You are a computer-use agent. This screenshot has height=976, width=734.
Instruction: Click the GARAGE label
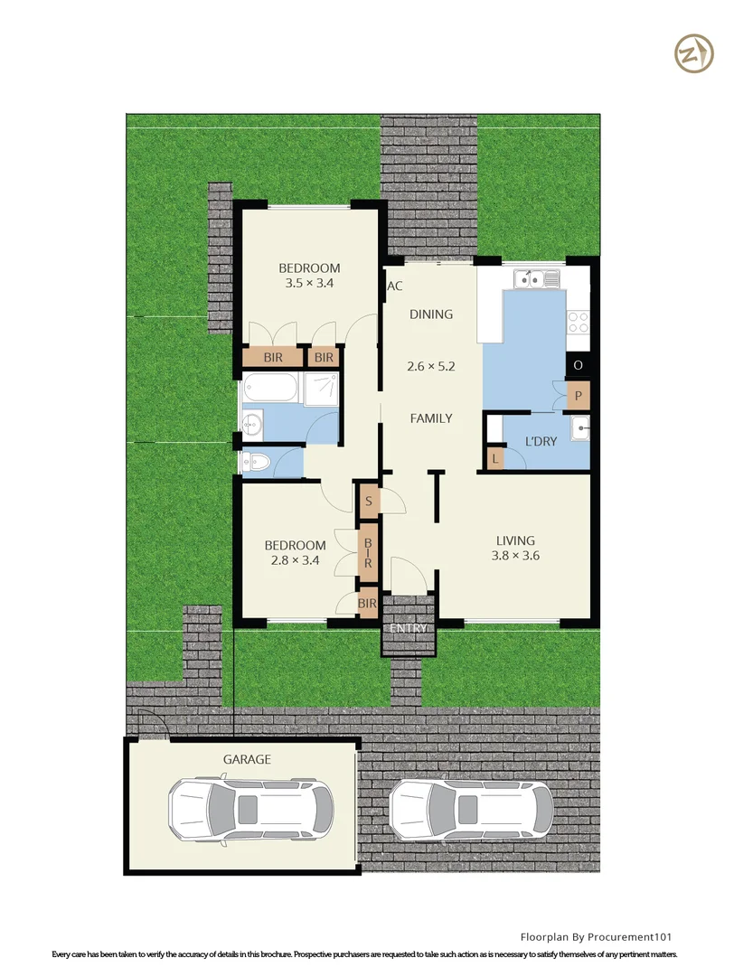[247, 760]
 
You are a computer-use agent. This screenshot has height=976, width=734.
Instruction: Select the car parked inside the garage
[250, 810]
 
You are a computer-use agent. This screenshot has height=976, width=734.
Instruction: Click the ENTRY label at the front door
[408, 629]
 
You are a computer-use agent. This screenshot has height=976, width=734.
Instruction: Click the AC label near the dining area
[394, 287]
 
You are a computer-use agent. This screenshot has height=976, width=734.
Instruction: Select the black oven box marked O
[578, 365]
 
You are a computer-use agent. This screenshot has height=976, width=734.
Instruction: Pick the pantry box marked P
[578, 395]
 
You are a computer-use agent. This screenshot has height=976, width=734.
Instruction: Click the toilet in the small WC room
[257, 463]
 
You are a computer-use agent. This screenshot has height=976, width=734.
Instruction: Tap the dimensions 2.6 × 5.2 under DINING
[430, 367]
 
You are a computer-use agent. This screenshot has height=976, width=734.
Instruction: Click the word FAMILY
[431, 418]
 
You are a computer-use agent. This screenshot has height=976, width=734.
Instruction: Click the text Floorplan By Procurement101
[596, 937]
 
